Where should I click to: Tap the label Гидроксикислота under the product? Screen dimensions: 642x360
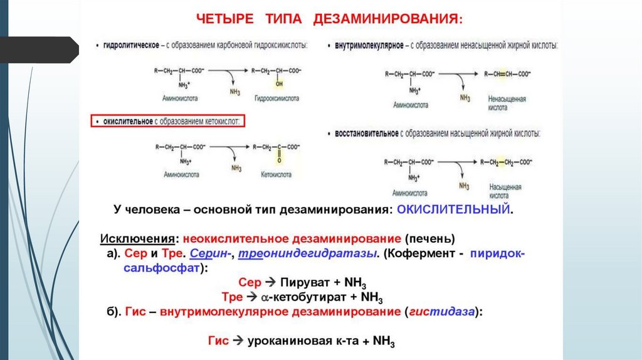click(276, 98)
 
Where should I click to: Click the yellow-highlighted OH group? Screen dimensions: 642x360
click(279, 83)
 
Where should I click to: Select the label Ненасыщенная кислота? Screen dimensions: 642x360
click(506, 103)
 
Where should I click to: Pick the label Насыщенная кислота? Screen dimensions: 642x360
click(505, 191)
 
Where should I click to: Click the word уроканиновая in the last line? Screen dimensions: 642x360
click(288, 342)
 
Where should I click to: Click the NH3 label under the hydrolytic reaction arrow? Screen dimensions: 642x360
click(234, 92)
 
